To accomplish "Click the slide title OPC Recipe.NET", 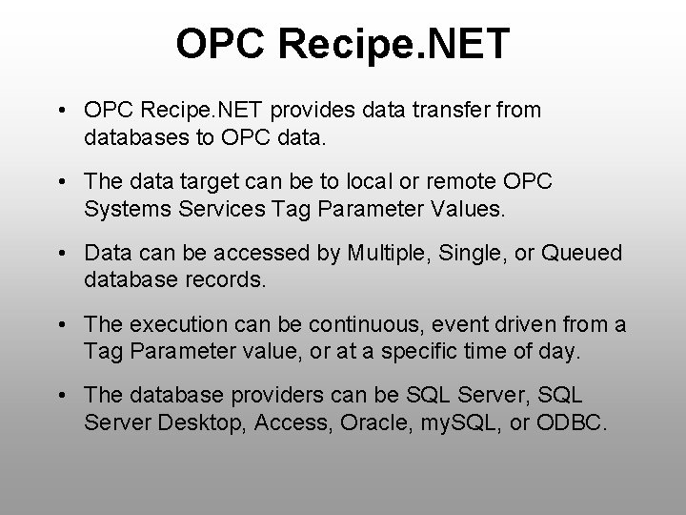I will [343, 44].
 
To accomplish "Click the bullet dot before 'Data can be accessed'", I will [62, 254].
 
